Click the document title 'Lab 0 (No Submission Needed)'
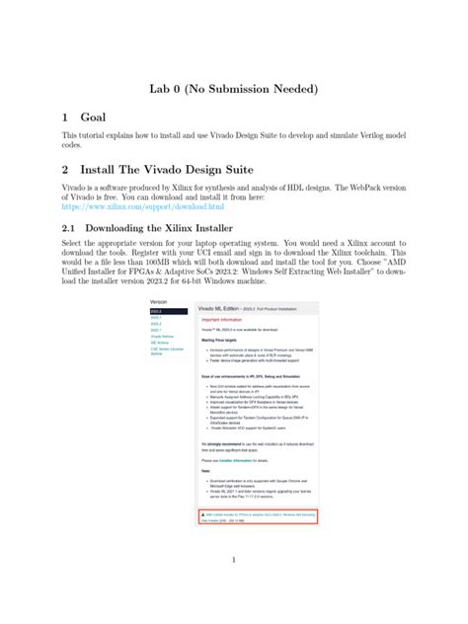click(x=233, y=88)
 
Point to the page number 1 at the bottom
click(x=233, y=561)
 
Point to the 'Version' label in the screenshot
click(x=158, y=300)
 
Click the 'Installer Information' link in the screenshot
click(x=234, y=461)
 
